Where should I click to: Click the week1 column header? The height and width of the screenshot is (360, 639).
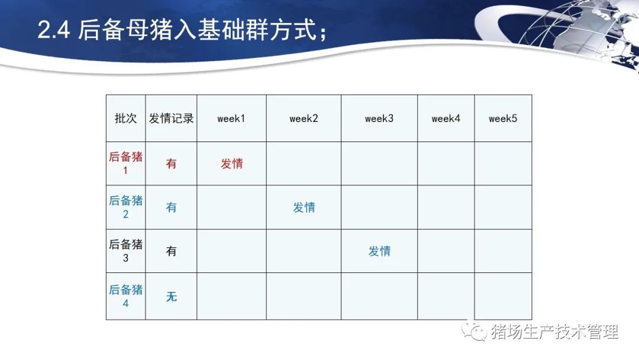click(231, 118)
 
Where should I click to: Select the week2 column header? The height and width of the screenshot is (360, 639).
click(304, 118)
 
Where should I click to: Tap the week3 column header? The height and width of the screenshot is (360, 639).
click(379, 118)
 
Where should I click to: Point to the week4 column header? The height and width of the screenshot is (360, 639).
click(446, 118)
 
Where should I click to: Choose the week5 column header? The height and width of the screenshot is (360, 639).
click(503, 118)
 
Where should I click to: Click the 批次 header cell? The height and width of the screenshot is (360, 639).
click(125, 118)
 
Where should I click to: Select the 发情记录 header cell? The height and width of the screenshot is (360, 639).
click(171, 118)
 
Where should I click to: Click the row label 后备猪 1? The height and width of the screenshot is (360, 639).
click(125, 163)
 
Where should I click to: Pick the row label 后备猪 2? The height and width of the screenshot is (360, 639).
click(125, 207)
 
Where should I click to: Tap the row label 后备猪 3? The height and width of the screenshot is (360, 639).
click(125, 250)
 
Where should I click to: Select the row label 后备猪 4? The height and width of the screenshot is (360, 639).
click(125, 296)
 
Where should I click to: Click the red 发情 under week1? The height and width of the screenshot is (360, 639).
click(232, 163)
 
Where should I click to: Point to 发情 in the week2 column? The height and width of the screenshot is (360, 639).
click(304, 207)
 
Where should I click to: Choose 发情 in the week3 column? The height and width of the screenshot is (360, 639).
click(379, 250)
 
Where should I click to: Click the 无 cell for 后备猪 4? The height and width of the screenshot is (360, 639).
click(171, 297)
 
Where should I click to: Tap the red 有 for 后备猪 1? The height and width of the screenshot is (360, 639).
click(171, 163)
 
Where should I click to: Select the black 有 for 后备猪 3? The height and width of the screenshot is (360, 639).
click(171, 250)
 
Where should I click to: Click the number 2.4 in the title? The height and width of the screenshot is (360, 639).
click(54, 30)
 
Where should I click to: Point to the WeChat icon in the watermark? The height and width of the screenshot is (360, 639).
click(474, 331)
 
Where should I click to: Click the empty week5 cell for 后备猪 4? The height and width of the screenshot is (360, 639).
click(503, 296)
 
